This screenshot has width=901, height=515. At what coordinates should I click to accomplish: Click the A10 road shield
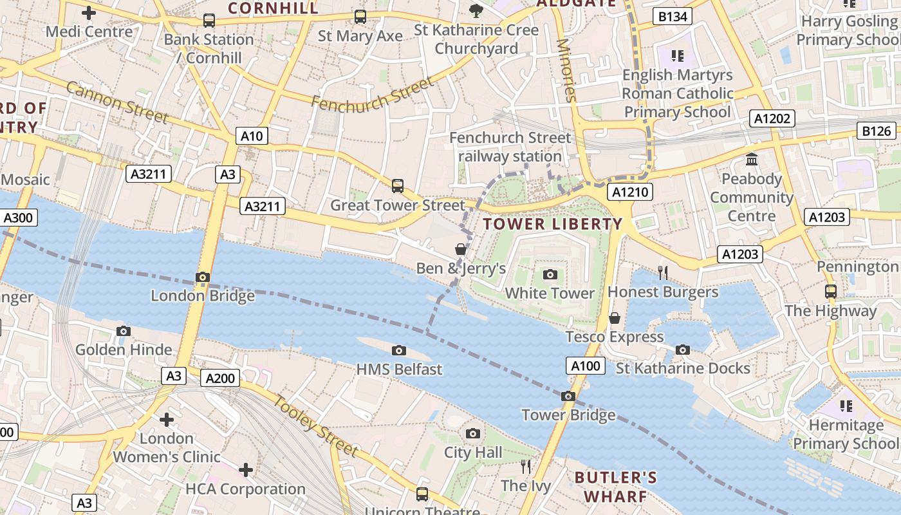point(252,136)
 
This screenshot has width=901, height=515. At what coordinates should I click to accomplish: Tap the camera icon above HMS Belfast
point(399,350)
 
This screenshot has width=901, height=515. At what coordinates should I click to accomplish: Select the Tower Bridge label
point(568,415)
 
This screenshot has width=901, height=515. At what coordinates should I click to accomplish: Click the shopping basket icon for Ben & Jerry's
point(461,249)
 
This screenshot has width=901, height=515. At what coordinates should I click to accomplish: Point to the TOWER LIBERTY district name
point(553,224)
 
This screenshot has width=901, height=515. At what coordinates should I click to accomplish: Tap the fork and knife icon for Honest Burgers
point(663,272)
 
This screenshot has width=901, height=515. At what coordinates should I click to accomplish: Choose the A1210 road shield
point(631,192)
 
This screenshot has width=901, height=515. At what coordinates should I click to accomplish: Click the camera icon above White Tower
point(550,275)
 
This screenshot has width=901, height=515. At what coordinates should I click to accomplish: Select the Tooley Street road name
point(315,426)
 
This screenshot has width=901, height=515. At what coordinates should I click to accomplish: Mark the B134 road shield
point(673,17)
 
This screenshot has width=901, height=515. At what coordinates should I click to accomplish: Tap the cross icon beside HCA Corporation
point(246,470)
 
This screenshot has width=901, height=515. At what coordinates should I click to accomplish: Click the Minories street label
point(566,70)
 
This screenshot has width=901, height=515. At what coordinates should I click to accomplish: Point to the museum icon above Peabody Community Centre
point(751,159)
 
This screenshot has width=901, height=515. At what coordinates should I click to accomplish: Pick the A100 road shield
point(586,366)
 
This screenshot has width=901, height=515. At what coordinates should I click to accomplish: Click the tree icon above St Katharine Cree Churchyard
point(476,10)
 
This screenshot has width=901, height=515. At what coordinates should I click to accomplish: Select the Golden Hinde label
point(124,350)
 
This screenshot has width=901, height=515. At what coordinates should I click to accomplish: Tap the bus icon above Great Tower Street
point(398,186)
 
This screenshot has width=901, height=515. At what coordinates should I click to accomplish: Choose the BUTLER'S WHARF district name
point(616,487)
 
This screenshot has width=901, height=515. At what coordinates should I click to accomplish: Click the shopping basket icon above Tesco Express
point(615,318)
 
